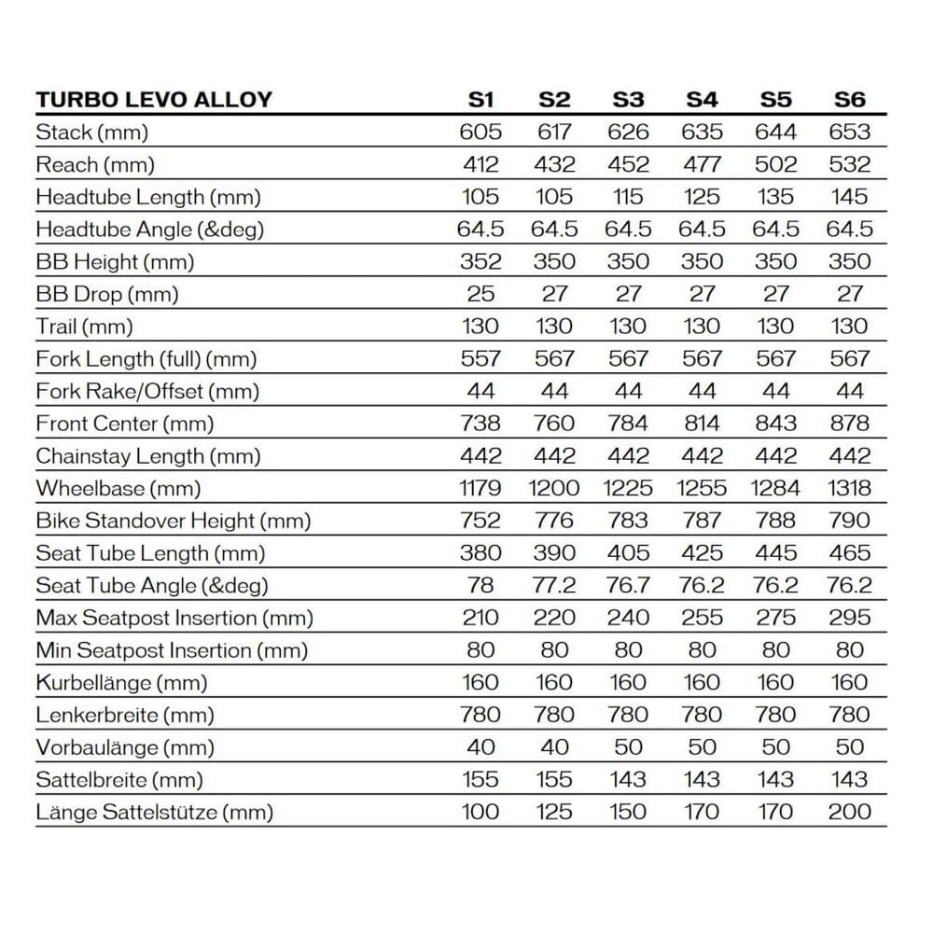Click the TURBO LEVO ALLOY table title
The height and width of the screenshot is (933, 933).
tap(154, 100)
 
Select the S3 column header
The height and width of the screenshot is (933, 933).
tap(628, 100)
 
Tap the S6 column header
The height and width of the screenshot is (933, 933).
tap(849, 100)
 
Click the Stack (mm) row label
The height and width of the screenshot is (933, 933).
tap(91, 132)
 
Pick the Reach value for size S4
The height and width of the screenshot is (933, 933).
tap(702, 165)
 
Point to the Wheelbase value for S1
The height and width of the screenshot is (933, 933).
tap(480, 488)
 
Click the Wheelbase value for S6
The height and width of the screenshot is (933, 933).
tap(849, 488)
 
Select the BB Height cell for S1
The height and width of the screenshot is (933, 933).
tap(480, 262)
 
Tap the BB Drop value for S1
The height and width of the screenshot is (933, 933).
tap(480, 294)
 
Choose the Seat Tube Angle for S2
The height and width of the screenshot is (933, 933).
tap(554, 585)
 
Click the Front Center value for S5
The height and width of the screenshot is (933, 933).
tap(775, 424)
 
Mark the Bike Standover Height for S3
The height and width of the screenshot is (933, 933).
tap(628, 521)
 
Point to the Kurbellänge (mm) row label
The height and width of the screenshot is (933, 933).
tap(121, 682)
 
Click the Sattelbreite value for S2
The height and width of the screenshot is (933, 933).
tap(554, 779)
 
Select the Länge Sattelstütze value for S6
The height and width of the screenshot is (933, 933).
tap(849, 812)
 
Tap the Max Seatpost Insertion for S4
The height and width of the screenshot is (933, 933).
tap(702, 618)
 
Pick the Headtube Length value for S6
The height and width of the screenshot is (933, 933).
tap(849, 197)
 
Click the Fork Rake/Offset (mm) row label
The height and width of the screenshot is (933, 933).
tap(147, 391)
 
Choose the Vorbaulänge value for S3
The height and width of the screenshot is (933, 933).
tap(628, 747)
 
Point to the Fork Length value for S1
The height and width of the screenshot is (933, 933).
tap(480, 359)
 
